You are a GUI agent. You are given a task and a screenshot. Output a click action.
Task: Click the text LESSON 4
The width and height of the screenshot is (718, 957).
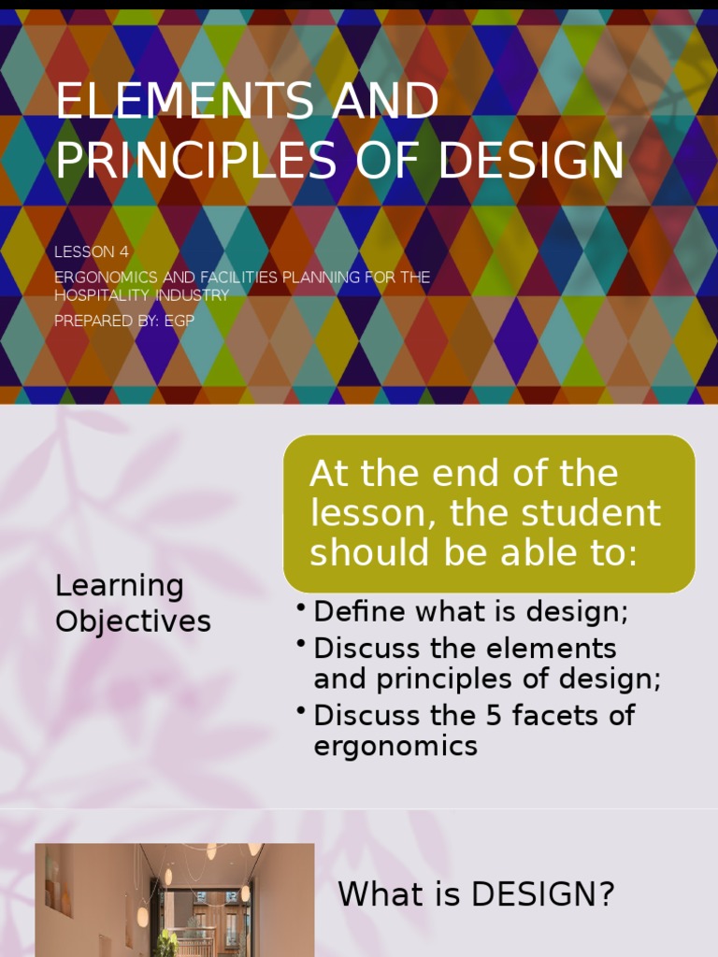tap(92, 251)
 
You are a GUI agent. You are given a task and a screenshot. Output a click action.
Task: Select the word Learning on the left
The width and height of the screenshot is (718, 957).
tap(119, 586)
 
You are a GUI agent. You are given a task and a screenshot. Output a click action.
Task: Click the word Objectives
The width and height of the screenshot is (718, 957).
tap(133, 621)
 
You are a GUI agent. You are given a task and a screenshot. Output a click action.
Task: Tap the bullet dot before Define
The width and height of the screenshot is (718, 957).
tap(301, 608)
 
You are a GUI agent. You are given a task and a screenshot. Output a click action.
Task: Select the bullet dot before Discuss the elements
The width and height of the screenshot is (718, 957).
tap(301, 644)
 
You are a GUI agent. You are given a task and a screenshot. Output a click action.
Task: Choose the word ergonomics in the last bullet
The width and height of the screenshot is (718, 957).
tap(395, 746)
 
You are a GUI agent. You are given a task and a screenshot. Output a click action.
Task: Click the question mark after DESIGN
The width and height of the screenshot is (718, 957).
tap(605, 894)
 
